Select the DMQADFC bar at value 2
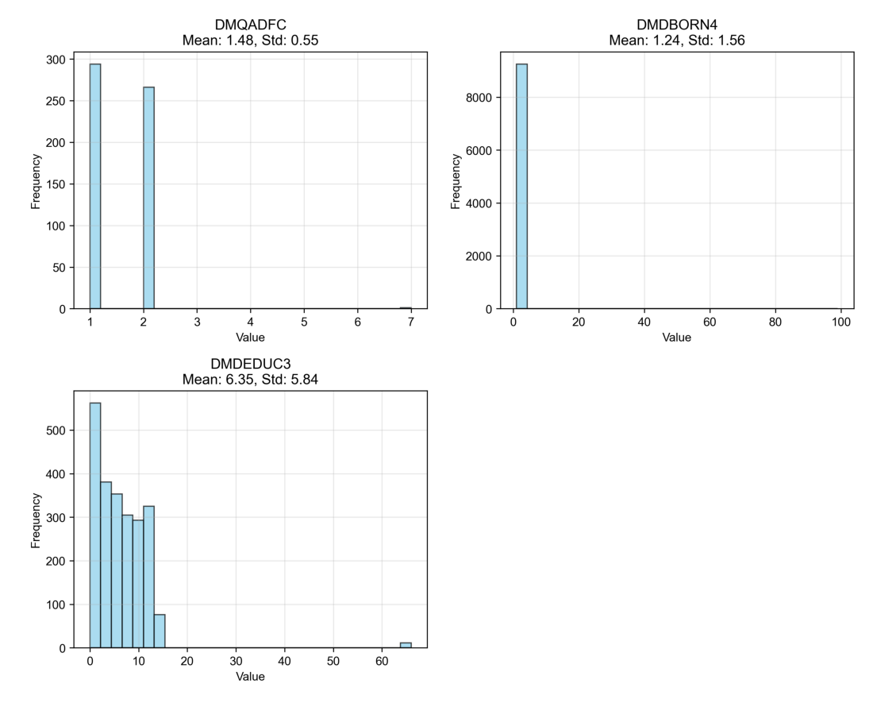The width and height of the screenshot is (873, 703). click(148, 198)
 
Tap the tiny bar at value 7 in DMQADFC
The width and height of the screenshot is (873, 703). click(406, 307)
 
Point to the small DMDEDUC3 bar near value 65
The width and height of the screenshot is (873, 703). click(406, 645)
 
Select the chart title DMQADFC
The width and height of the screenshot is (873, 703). click(250, 25)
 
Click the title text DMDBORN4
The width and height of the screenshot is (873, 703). click(677, 25)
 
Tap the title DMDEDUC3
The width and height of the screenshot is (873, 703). click(250, 364)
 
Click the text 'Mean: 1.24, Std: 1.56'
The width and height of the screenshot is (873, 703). click(677, 40)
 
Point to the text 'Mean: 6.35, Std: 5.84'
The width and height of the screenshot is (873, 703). click(250, 379)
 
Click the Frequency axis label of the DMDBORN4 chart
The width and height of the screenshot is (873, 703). click(456, 181)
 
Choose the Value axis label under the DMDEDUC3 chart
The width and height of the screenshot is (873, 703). click(250, 677)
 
